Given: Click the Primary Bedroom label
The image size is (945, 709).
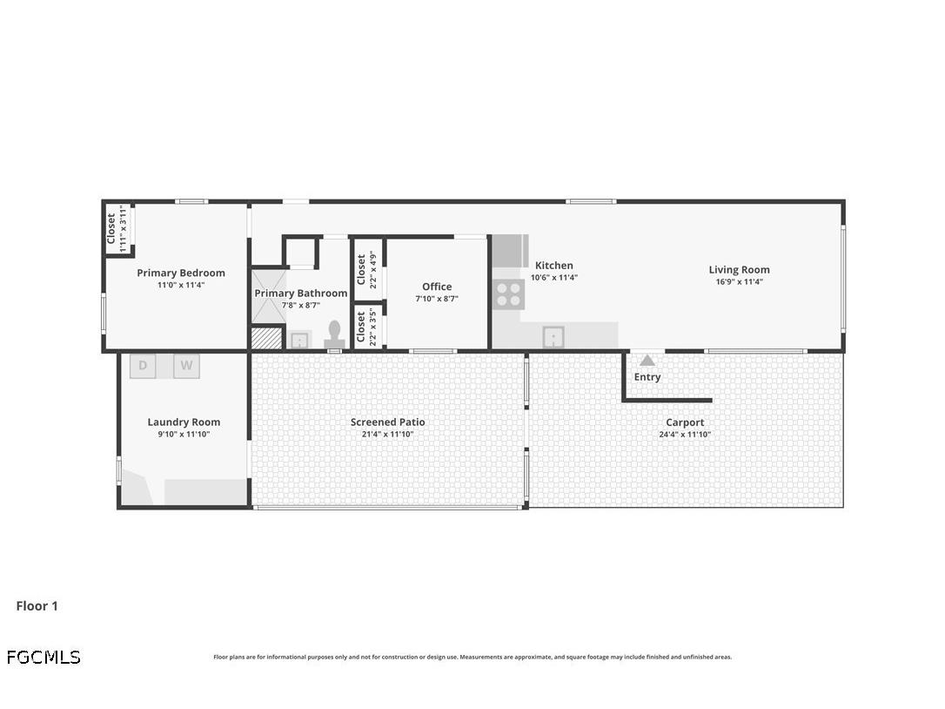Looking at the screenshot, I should [181, 273].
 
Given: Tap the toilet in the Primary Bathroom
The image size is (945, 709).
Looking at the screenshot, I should [334, 334].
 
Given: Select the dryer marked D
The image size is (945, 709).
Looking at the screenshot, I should [143, 366].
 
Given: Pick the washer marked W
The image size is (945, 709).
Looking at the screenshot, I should [186, 366].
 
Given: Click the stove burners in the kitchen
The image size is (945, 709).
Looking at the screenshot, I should [508, 294].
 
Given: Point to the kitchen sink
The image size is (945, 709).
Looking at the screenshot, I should [553, 336].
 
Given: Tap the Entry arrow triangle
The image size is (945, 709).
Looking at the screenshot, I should [647, 360].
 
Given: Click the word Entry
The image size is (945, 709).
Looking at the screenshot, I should [647, 377].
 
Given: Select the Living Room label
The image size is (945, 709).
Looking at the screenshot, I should [739, 270].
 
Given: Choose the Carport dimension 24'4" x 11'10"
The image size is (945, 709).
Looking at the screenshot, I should [685, 434].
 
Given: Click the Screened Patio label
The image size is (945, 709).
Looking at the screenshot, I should [388, 422].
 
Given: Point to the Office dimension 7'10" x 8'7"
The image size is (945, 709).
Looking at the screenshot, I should [437, 299].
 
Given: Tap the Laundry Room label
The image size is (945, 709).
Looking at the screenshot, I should [184, 422].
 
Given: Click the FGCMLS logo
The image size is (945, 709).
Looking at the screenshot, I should [44, 658].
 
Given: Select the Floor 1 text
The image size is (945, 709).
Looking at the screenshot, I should [37, 606].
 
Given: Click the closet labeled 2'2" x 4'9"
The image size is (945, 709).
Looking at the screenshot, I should [367, 269].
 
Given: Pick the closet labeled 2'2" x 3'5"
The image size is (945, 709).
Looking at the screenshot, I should [367, 327].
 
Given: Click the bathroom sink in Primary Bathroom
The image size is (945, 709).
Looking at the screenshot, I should [299, 339].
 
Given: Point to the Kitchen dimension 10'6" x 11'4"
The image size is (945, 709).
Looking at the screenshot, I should [554, 278].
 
